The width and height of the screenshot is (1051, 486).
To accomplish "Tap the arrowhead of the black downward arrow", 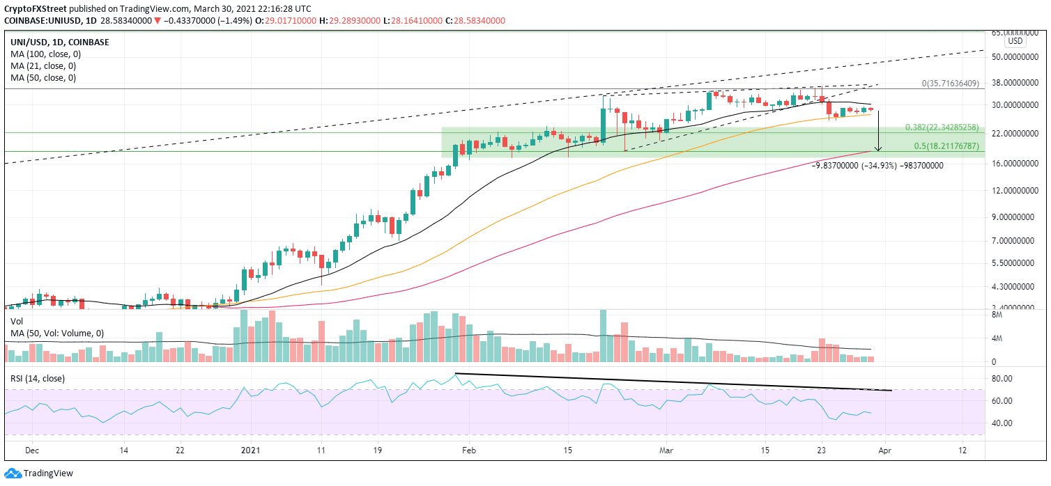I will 878,149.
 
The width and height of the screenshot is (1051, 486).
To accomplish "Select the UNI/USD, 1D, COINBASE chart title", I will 61,42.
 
